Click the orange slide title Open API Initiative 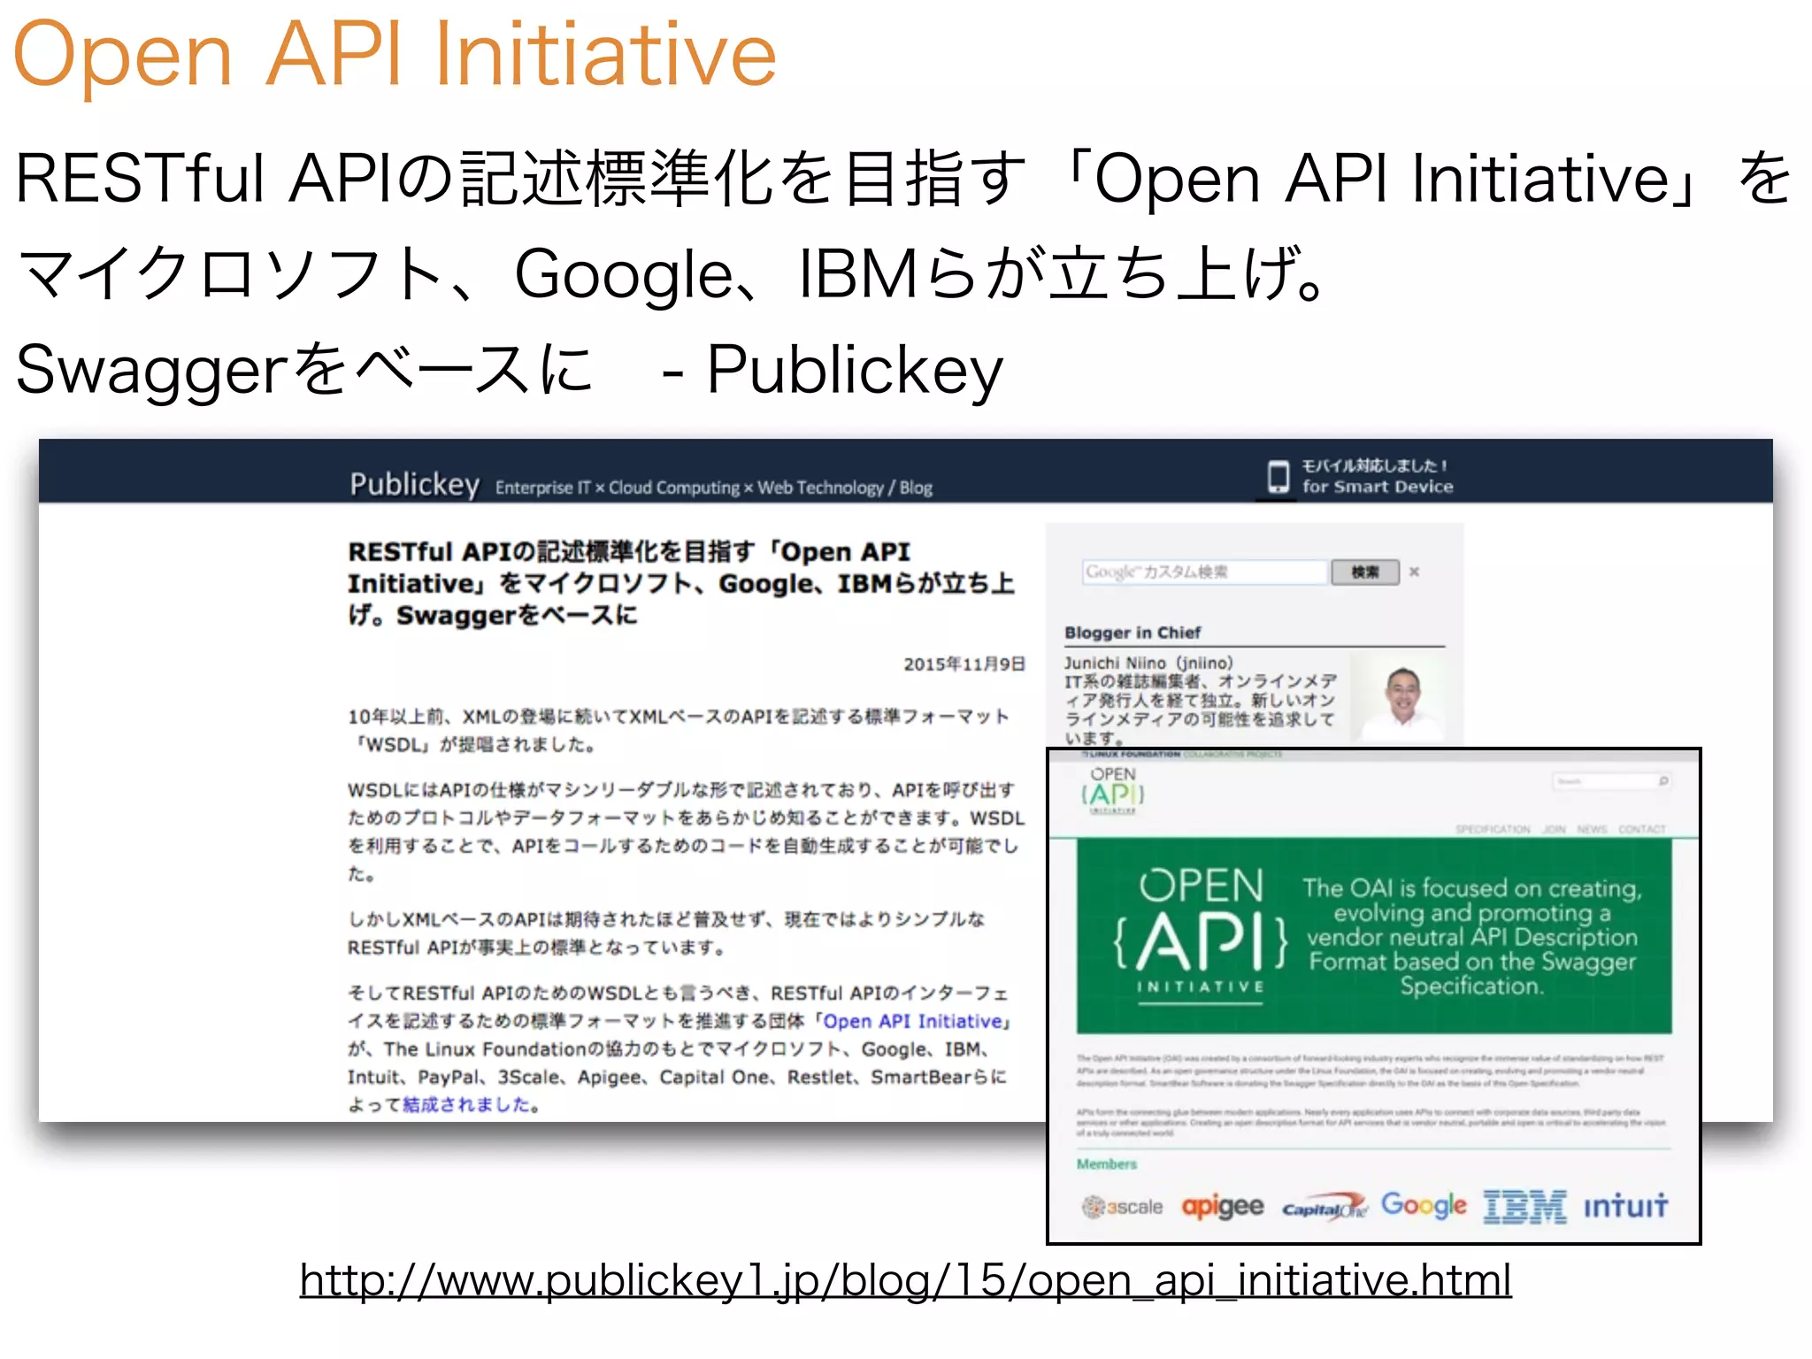tap(395, 55)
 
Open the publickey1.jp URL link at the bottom tap(905, 1280)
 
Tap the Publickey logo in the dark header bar tap(414, 484)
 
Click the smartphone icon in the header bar tap(1278, 476)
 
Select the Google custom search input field tap(1204, 572)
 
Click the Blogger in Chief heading tap(1132, 633)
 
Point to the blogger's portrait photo tap(1403, 699)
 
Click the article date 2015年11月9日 tap(964, 664)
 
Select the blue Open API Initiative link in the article tap(913, 1021)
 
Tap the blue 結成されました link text tap(468, 1104)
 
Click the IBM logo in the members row tap(1524, 1206)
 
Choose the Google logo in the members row tap(1424, 1205)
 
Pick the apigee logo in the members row tap(1223, 1206)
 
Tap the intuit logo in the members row tap(1625, 1206)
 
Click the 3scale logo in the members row tap(1122, 1207)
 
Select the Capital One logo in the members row tap(1324, 1208)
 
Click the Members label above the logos tap(1106, 1164)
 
